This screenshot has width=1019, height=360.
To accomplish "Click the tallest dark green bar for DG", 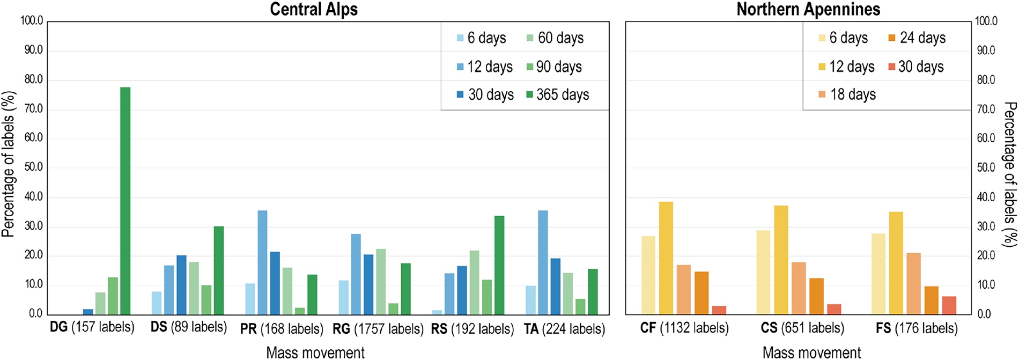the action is tap(125, 201).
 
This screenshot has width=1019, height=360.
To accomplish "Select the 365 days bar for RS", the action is tap(499, 265).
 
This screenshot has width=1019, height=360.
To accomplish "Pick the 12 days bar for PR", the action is tap(262, 262).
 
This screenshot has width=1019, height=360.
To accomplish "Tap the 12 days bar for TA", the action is tap(543, 262).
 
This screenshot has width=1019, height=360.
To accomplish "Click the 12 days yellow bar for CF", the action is tap(666, 258).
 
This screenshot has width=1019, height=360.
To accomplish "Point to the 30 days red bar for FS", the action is tap(949, 305).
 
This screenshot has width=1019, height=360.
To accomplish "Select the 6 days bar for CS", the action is tap(763, 273).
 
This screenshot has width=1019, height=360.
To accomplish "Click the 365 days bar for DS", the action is tap(218, 270).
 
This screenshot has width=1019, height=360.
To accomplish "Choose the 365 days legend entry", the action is tap(557, 95).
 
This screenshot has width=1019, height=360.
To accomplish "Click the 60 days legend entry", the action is tap(555, 38).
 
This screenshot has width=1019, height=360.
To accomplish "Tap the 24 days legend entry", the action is tap(917, 38).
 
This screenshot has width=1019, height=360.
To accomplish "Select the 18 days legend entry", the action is tap(847, 95).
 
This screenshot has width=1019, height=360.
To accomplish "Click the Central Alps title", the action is tap(314, 9).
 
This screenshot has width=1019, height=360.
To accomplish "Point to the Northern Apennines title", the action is tap(808, 9).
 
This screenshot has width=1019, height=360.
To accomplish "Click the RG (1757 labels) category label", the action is tap(378, 328).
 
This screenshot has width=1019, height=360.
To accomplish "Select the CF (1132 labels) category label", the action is tap(684, 328).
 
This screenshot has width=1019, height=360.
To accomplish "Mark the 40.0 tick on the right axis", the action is tap(986, 197).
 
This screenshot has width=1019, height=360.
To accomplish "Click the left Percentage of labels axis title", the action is tap(8, 164).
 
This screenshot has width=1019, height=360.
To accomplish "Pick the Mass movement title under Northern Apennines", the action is tap(811, 352).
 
